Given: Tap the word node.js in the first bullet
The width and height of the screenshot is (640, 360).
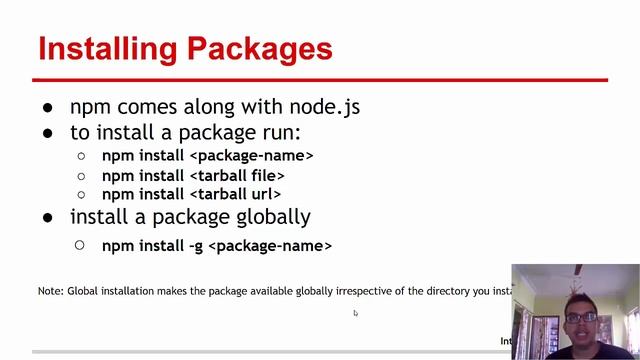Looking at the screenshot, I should click(x=324, y=107).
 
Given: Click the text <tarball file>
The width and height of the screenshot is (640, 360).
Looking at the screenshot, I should click(x=237, y=175).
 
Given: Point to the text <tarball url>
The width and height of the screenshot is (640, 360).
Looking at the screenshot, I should click(x=235, y=194).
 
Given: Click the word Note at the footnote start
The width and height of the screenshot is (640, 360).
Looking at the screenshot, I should click(x=50, y=291).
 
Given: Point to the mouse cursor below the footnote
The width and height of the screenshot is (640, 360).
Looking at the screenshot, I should click(x=355, y=313).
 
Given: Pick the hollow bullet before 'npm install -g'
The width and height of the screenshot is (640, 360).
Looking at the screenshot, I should click(x=81, y=245).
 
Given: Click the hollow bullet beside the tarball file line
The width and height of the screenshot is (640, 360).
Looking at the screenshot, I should click(x=81, y=175).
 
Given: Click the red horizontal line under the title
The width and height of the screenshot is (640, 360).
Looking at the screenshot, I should click(x=320, y=80).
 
